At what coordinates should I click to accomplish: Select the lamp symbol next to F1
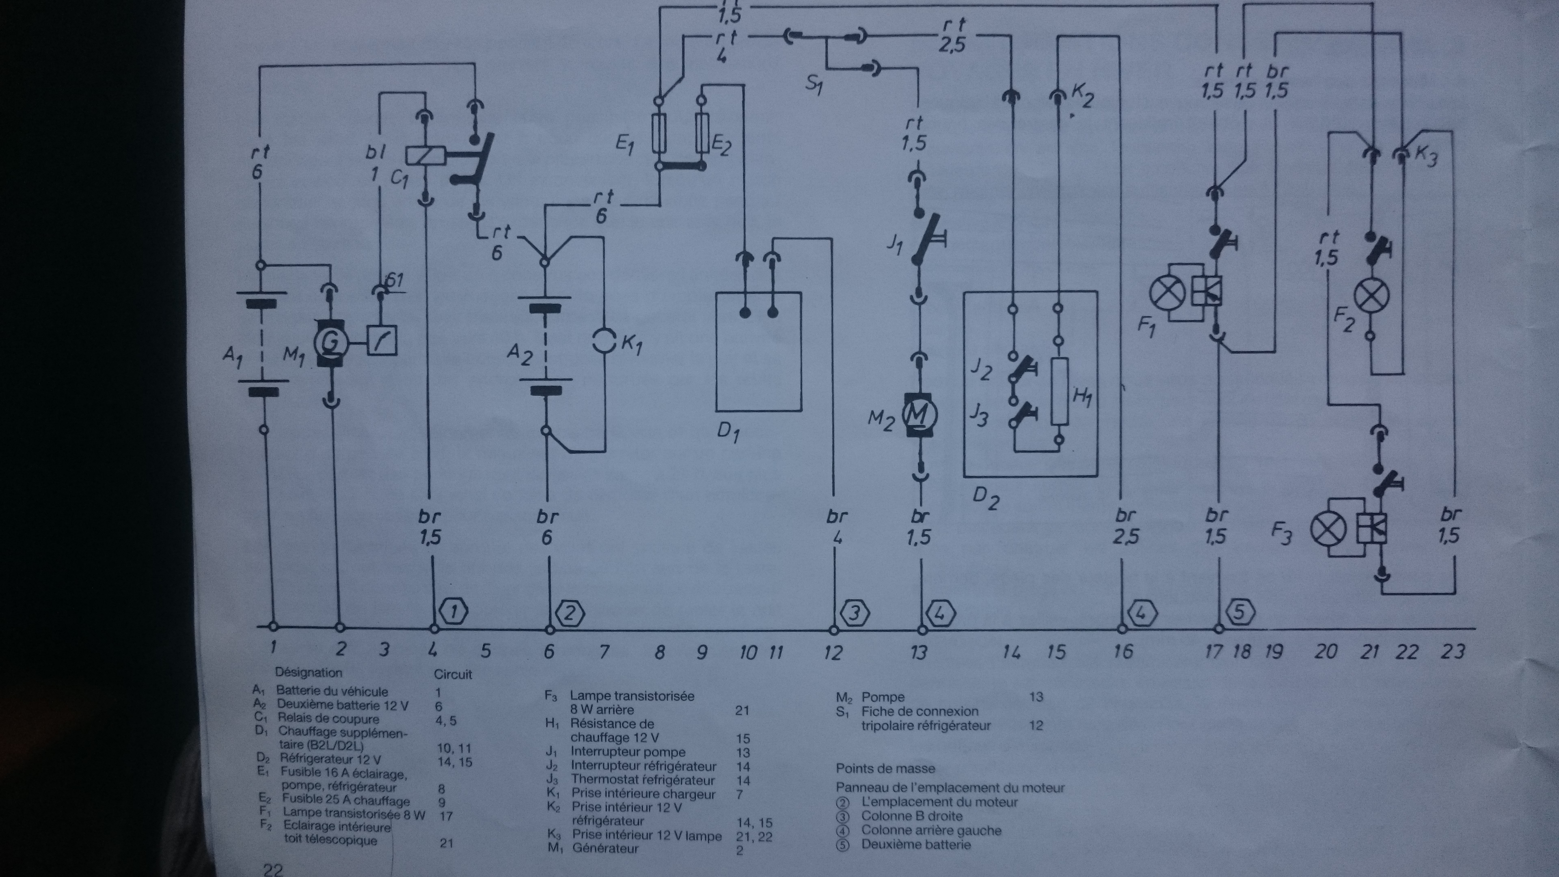coord(1167,294)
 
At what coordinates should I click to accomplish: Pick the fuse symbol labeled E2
coord(703,134)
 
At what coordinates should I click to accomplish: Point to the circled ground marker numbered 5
coord(1239,613)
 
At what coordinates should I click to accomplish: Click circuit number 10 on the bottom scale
coord(748,652)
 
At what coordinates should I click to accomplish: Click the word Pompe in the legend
coord(883,697)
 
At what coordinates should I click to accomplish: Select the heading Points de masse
coord(885,769)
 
